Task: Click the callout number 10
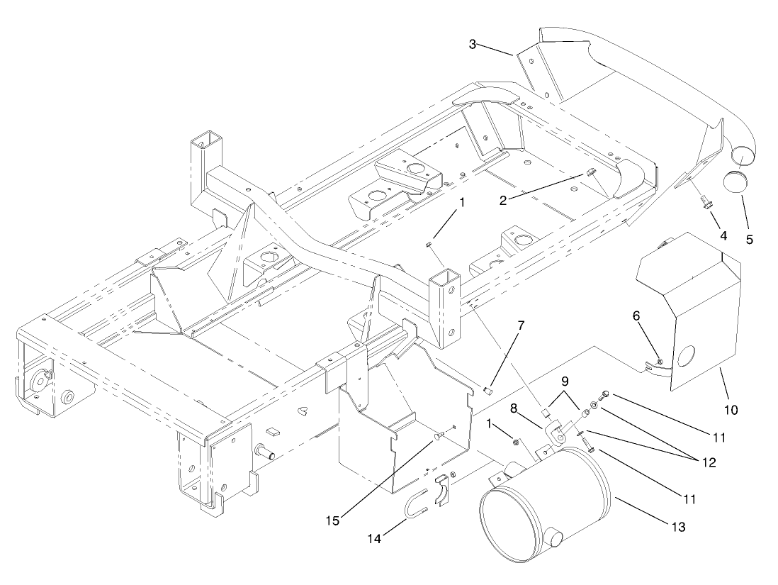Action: tap(731, 410)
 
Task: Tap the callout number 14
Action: tap(373, 539)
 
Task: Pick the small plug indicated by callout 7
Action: tap(487, 390)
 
